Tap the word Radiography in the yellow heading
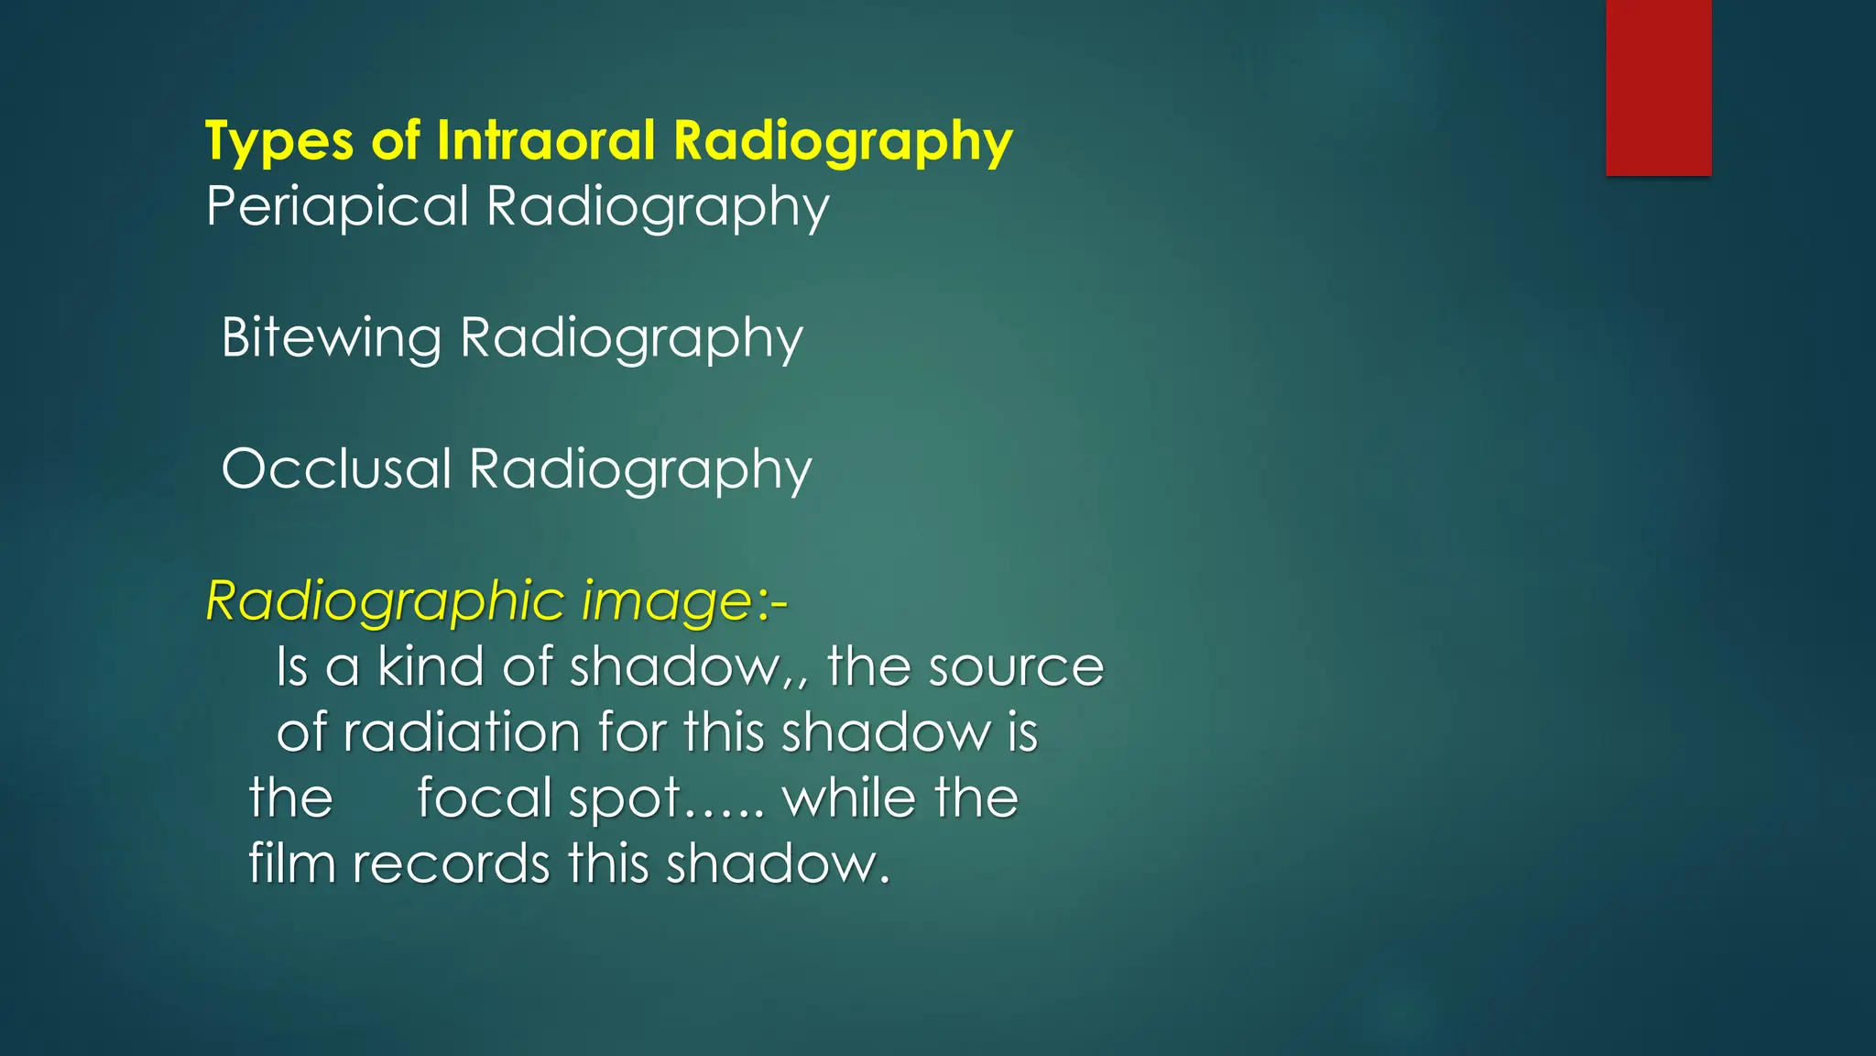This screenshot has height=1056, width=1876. click(x=843, y=143)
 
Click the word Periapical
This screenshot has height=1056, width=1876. click(x=337, y=207)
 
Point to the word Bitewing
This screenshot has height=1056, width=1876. click(x=332, y=339)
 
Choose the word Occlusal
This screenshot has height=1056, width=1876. click(x=337, y=469)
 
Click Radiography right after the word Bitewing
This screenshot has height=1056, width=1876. click(x=631, y=339)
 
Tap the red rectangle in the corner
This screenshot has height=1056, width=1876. click(x=1658, y=87)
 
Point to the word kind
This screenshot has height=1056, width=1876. click(x=431, y=666)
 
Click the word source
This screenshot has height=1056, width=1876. click(x=1016, y=668)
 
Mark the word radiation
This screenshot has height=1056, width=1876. click(x=462, y=733)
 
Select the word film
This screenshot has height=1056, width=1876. click(x=292, y=863)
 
